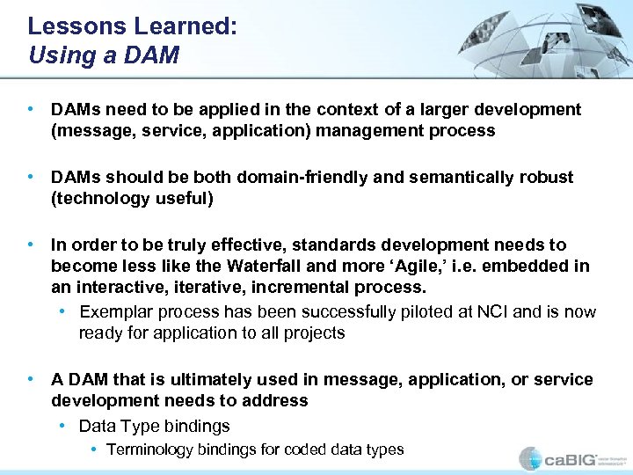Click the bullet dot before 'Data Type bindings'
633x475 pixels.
pyautogui.click(x=63, y=426)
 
